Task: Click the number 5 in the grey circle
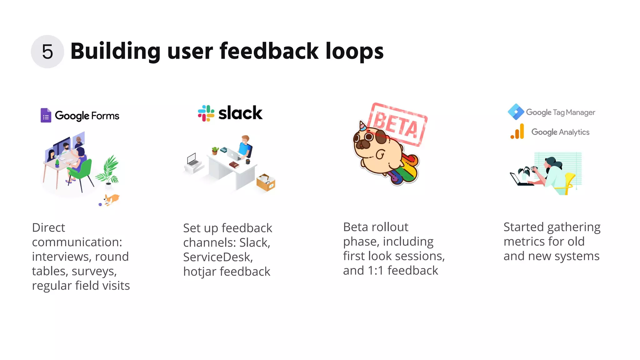click(x=47, y=52)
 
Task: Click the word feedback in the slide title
click(x=269, y=51)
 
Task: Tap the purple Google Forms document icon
click(x=46, y=115)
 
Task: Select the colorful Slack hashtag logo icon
click(x=206, y=113)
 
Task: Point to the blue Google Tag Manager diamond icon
click(x=516, y=112)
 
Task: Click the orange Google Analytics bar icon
click(x=518, y=132)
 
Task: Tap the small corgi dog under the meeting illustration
click(x=111, y=199)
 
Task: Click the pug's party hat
click(x=362, y=126)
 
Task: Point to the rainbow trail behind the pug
click(x=406, y=170)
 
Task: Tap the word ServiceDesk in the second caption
click(x=217, y=257)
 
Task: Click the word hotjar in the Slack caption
click(x=199, y=272)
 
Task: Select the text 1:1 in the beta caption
click(x=375, y=271)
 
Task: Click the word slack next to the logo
click(x=240, y=113)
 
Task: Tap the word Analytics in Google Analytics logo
click(x=574, y=132)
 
